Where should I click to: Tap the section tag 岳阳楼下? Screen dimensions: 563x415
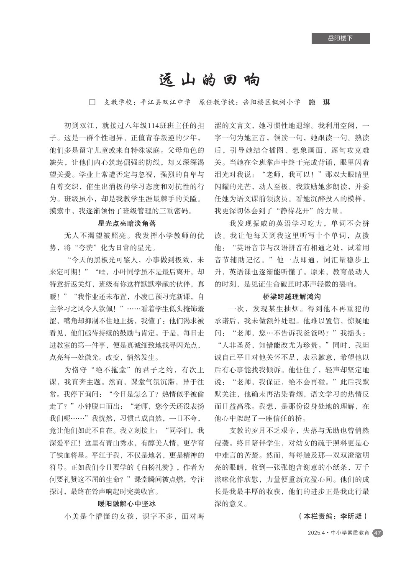click(340, 38)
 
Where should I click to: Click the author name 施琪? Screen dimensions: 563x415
click(319, 102)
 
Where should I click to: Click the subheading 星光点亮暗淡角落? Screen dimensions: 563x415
click(127, 223)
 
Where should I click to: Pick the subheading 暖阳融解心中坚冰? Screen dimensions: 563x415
click(127, 504)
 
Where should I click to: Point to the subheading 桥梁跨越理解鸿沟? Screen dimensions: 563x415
click(292, 297)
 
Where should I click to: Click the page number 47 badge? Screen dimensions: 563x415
click(377, 533)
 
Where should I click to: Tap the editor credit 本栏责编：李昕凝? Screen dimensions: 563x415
click(333, 516)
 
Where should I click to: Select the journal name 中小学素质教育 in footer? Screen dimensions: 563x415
click(350, 533)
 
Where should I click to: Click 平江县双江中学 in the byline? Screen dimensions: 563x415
click(166, 102)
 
